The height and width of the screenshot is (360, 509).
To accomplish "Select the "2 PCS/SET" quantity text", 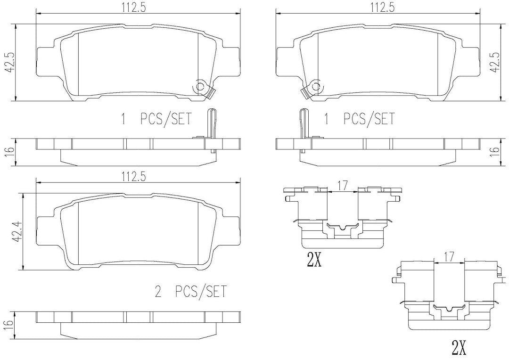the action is [191, 291].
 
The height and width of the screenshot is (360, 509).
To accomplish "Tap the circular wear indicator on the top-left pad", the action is [200, 87].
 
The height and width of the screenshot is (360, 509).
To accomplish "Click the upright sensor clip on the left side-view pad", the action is [211, 130].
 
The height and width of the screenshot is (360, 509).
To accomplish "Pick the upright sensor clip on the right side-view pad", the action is [304, 130].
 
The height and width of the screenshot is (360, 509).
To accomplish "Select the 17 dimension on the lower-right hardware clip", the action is [449, 257].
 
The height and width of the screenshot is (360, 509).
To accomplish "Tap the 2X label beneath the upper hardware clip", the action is [314, 260].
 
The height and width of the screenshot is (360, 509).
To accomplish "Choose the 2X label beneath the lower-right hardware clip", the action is [459, 348].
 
